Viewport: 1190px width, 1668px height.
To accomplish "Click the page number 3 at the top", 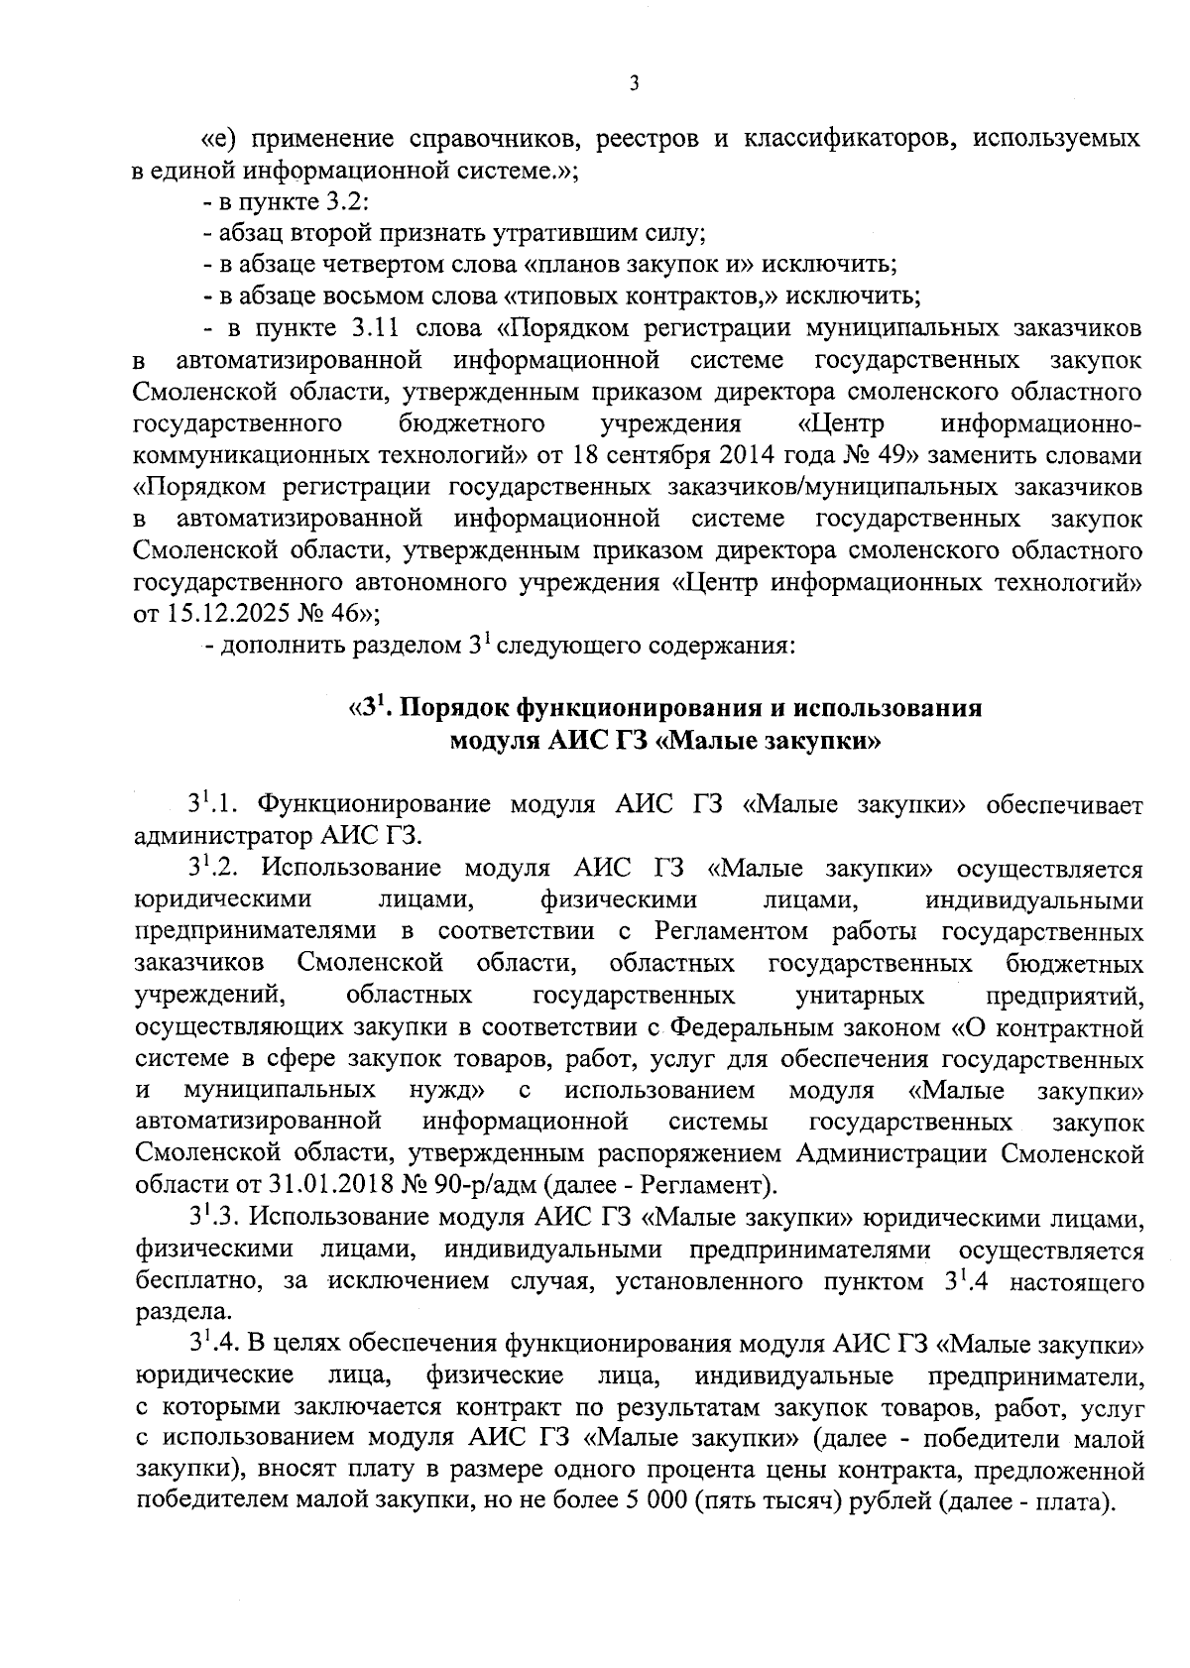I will pos(634,84).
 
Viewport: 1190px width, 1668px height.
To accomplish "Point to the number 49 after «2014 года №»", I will pos(872,455).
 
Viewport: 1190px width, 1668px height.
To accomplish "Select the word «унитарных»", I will pos(860,995).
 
